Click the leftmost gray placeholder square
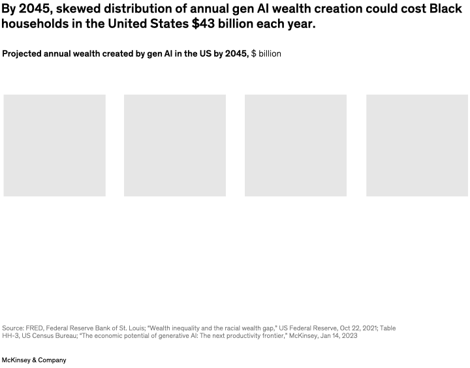pyautogui.click(x=54, y=145)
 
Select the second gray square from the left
pyautogui.click(x=175, y=145)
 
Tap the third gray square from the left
pyautogui.click(x=296, y=145)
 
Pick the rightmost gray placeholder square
pyautogui.click(x=417, y=145)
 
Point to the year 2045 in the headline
pyautogui.click(x=33, y=8)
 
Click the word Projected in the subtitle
pyautogui.click(x=23, y=54)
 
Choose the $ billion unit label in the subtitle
pyautogui.click(x=266, y=54)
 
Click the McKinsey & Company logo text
pyautogui.click(x=34, y=360)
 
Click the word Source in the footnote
pyautogui.click(x=13, y=328)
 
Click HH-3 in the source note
pyautogui.click(x=11, y=336)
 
